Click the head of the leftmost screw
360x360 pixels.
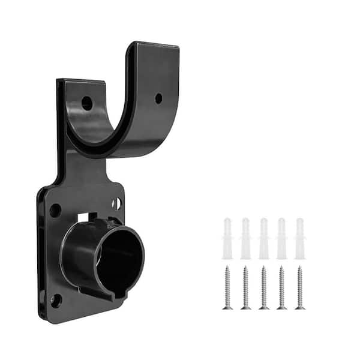click(227, 269)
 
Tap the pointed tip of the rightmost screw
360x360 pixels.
click(299, 308)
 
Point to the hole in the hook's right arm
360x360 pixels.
click(158, 98)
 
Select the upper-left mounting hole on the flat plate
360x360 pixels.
click(55, 210)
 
